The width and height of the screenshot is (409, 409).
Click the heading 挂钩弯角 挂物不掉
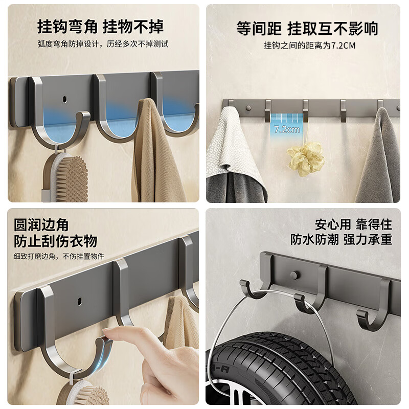pos(100,26)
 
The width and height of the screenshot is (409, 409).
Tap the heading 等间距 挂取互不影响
pos(307,28)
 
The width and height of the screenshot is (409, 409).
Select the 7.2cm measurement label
pos(286,129)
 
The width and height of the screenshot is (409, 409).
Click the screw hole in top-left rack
pos(65,97)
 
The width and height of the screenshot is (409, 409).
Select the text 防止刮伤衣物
pos(55,240)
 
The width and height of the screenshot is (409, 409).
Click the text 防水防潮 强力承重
pos(342,240)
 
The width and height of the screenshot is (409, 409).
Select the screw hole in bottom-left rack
pos(79,298)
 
